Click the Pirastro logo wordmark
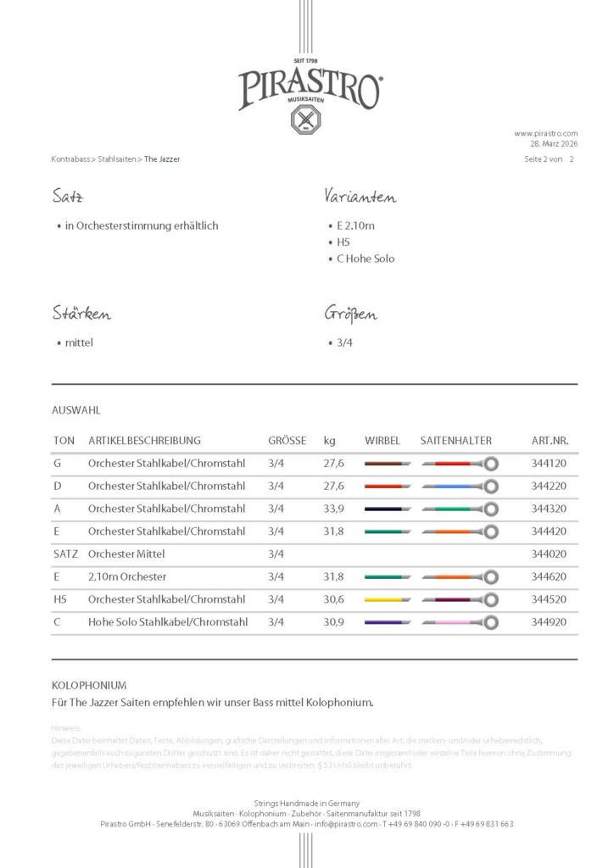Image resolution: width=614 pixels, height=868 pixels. pos(309,89)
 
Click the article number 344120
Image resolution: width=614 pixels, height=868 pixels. pos(549,464)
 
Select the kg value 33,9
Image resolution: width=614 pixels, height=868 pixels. pos(333,509)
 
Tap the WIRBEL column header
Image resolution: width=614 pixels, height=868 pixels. pos(382,441)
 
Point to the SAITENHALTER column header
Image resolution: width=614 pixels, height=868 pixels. pos(455,441)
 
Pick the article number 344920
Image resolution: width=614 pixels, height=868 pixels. pos(549,621)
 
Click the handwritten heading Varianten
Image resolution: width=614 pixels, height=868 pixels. pos(360,198)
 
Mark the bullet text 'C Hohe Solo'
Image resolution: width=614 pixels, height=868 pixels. pos(366,259)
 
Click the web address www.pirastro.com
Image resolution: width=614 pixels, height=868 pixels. pos(545,133)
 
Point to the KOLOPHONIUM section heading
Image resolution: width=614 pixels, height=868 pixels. pos(89,684)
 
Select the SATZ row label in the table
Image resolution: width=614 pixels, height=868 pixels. pos(65,554)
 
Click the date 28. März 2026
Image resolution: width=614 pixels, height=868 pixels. pos(552,144)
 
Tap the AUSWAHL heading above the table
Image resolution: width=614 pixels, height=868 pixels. pos(76,410)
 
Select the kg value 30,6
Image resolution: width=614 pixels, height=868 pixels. pos(333,599)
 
